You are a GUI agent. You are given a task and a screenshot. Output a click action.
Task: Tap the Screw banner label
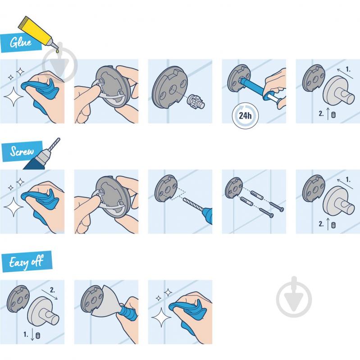[x=22, y=151]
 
